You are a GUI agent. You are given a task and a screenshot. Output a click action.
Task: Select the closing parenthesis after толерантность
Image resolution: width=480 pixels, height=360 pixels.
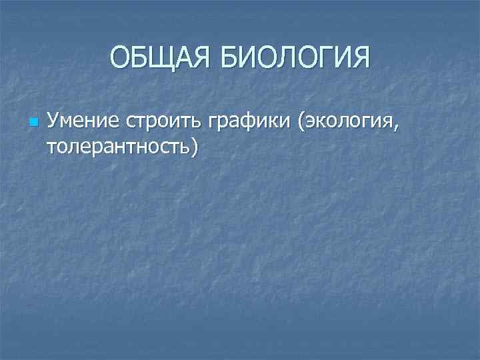tap(194, 147)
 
